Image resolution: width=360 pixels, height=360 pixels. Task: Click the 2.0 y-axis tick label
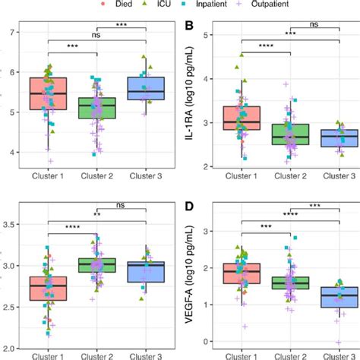(x=11, y=347)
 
